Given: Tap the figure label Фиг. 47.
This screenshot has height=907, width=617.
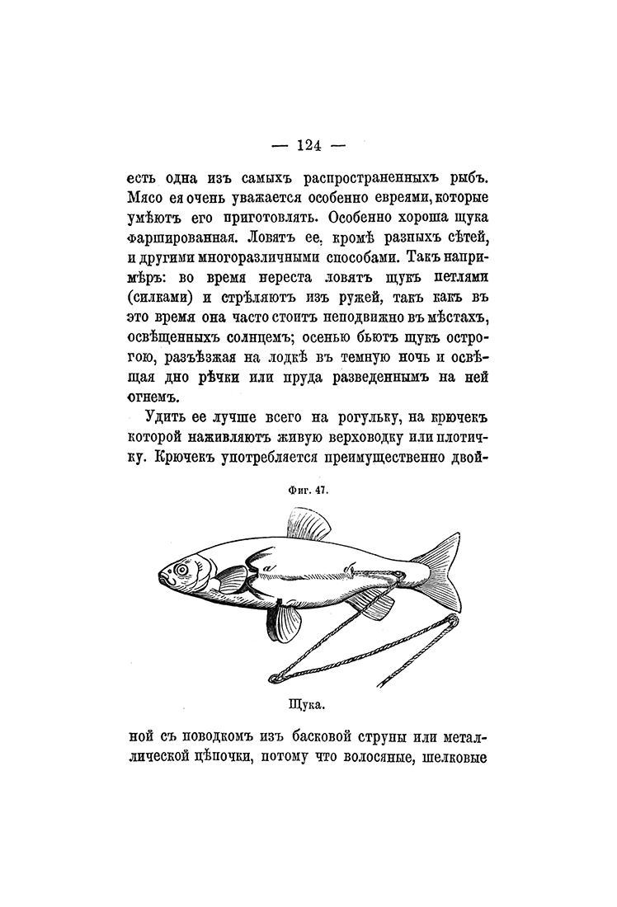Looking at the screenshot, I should pos(308,488).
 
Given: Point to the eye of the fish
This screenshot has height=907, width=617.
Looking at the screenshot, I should pos(178,569).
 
